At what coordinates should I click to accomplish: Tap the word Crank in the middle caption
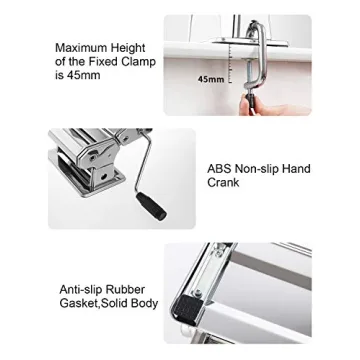pyautogui.click(x=223, y=182)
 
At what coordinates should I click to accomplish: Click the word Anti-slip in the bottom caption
pyautogui.click(x=80, y=289)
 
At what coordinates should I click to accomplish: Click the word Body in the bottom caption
pyautogui.click(x=144, y=304)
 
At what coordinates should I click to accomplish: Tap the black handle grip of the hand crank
pyautogui.click(x=151, y=206)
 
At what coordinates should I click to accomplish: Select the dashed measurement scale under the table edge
pyautogui.click(x=230, y=64)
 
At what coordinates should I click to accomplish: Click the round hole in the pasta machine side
pyautogui.click(x=104, y=175)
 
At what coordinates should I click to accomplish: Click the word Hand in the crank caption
pyautogui.click(x=297, y=169)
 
